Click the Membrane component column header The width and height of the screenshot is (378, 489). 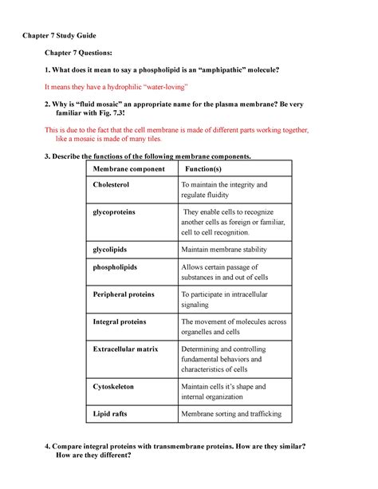click(128, 170)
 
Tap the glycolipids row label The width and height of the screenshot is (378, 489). click(114, 249)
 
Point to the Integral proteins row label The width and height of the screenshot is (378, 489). click(120, 321)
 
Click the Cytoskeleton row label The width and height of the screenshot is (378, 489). click(114, 386)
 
